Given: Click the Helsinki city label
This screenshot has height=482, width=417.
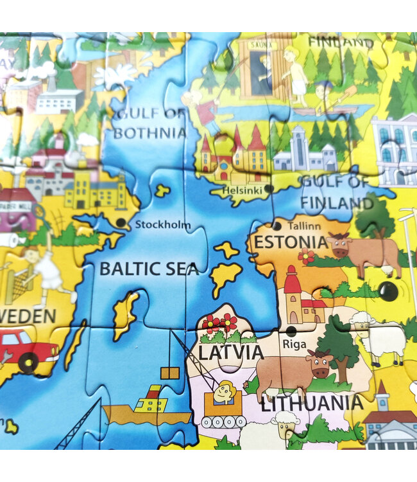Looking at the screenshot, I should [x=241, y=191].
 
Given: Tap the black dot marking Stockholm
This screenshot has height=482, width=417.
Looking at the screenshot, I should [x=121, y=223].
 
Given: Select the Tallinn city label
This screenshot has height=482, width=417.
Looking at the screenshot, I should [x=304, y=226].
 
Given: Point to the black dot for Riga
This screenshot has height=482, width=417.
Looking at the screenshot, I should [x=291, y=331].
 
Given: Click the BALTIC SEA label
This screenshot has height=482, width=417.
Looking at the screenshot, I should [x=149, y=269].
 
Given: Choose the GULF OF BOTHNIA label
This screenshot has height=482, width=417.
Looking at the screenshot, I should [x=149, y=124].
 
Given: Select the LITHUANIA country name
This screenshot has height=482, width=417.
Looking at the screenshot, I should [x=311, y=403].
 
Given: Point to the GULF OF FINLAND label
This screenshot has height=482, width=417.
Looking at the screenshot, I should [x=337, y=192].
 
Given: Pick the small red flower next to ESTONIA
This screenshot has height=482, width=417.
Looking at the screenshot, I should [x=306, y=256].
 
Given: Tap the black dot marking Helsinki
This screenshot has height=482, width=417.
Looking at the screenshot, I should [x=269, y=189].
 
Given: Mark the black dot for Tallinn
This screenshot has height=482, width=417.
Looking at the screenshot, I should [x=277, y=226].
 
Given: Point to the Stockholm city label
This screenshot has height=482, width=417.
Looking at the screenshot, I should [x=163, y=225].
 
